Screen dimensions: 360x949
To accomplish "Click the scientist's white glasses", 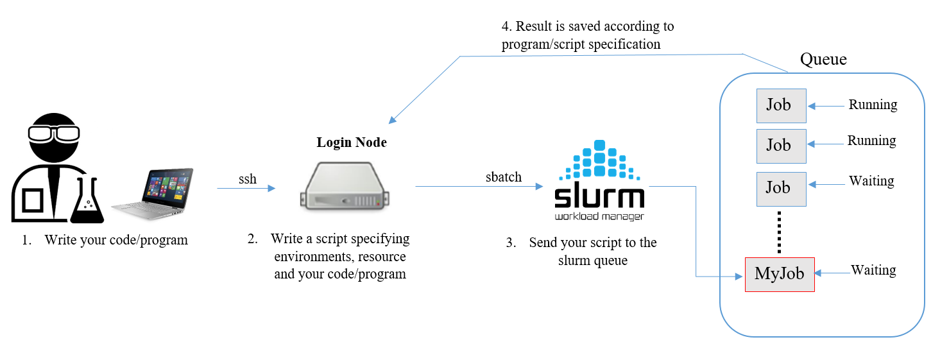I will pyautogui.click(x=53, y=133).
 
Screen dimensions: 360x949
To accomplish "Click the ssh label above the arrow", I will pyautogui.click(x=248, y=179).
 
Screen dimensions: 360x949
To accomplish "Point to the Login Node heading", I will pyautogui.click(x=352, y=142).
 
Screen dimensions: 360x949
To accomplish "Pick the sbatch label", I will pyautogui.click(x=504, y=177).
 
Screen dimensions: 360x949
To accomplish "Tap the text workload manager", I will pyautogui.click(x=599, y=216).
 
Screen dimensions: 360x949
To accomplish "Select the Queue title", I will pyautogui.click(x=823, y=60).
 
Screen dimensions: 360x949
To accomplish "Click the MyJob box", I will pyautogui.click(x=780, y=274).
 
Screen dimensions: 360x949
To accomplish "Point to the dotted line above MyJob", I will pyautogui.click(x=780, y=232).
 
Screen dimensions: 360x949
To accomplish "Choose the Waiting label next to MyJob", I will pyautogui.click(x=873, y=270).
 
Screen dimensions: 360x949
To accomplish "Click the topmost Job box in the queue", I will pyautogui.click(x=781, y=105).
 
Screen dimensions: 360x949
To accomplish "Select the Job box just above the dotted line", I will pyautogui.click(x=780, y=188).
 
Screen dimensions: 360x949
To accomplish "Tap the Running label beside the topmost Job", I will pyautogui.click(x=873, y=105).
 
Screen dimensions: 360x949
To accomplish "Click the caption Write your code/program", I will pyautogui.click(x=116, y=241).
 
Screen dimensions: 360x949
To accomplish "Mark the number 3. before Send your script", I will pyautogui.click(x=511, y=243).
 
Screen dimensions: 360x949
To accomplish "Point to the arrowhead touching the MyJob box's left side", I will pyautogui.click(x=740, y=277).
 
